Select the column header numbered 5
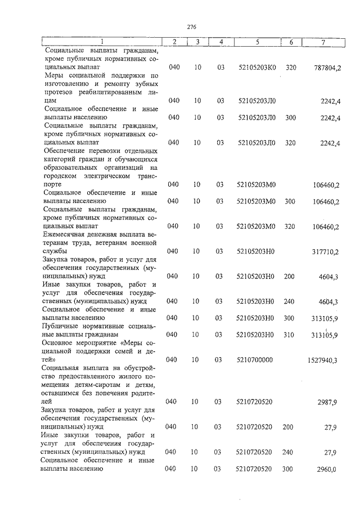(x=256, y=42)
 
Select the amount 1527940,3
(x=322, y=361)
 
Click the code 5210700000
(x=254, y=360)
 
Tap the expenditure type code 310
(x=290, y=336)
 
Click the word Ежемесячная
(x=65, y=233)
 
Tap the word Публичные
(x=61, y=326)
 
